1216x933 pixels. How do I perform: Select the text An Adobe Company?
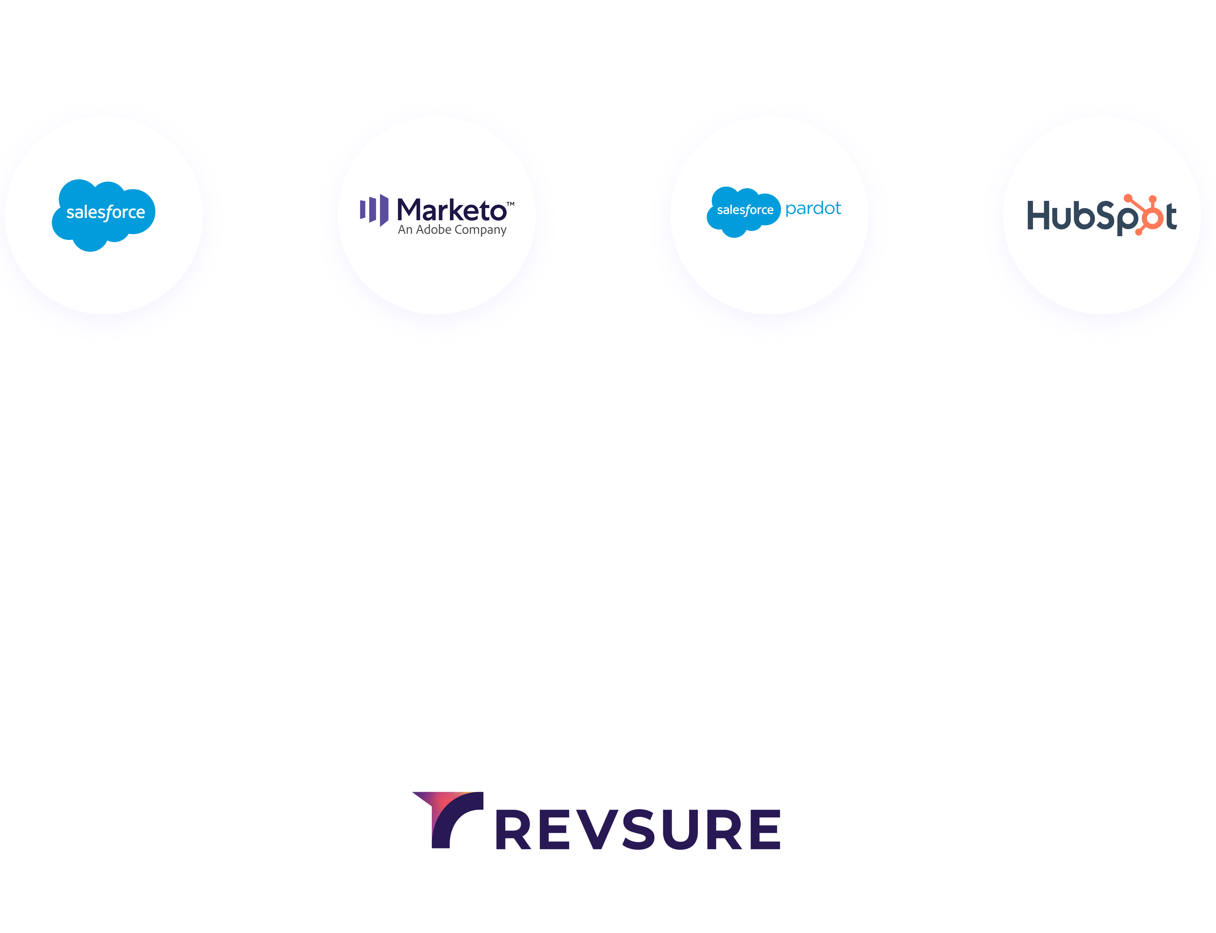tap(452, 230)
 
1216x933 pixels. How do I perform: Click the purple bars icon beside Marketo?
tap(374, 210)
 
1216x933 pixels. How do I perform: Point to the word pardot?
tap(813, 209)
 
